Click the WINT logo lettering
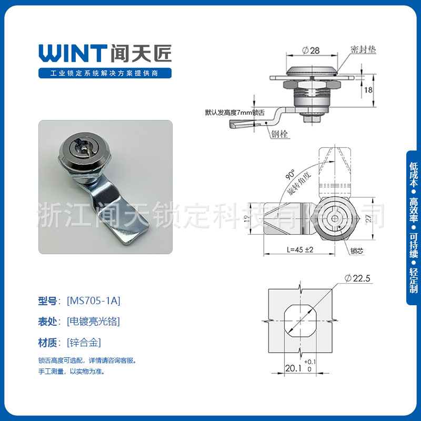tap(73, 53)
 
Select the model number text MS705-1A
tap(94, 301)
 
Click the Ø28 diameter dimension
tap(311, 51)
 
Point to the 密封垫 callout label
tap(363, 49)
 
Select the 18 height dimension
tap(368, 90)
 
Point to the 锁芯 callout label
tap(356, 251)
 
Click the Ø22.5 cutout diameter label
tap(358, 278)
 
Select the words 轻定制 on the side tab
tap(414, 280)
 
